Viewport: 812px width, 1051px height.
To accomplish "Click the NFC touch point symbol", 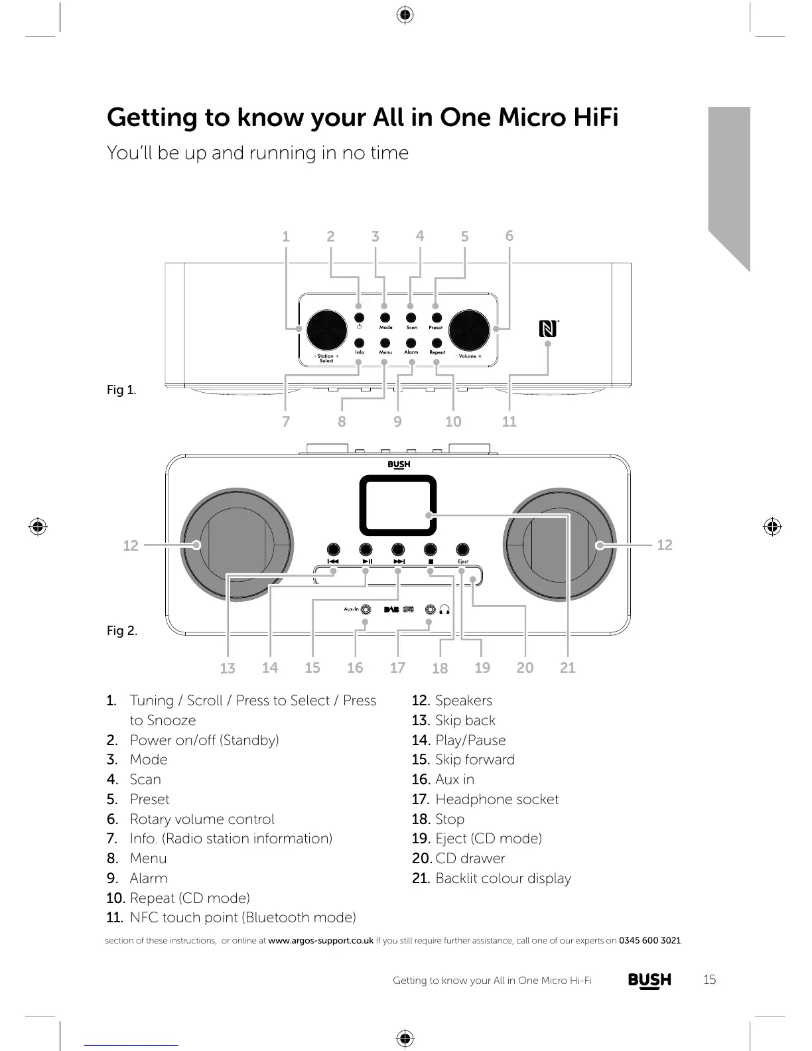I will (x=547, y=328).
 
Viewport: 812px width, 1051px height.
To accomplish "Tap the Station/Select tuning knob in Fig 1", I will (x=325, y=330).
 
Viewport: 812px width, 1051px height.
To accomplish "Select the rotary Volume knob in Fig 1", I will (x=469, y=330).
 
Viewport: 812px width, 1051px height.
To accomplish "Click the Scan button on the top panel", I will (x=411, y=318).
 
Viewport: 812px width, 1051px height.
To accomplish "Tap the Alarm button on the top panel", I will (x=411, y=343).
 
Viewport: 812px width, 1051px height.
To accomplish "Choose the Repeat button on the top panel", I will (x=437, y=343).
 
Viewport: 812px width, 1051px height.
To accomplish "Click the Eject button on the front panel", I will (x=463, y=549).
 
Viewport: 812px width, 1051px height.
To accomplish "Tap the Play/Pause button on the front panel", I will (x=366, y=549).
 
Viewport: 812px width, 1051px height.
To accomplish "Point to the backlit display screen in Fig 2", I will (x=398, y=505).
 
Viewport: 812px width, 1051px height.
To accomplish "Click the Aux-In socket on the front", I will (x=366, y=609).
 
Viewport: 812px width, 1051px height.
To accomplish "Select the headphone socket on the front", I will (x=431, y=609).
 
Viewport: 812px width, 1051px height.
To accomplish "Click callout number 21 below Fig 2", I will (x=568, y=667).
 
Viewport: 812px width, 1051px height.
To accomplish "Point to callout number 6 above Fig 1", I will (x=509, y=236).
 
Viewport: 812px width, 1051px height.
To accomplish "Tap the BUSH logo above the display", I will (x=399, y=464).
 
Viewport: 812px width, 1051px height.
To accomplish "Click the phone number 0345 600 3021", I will (x=649, y=940).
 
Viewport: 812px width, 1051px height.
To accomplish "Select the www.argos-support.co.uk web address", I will (x=320, y=940).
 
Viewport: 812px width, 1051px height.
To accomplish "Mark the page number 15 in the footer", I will (x=710, y=979).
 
